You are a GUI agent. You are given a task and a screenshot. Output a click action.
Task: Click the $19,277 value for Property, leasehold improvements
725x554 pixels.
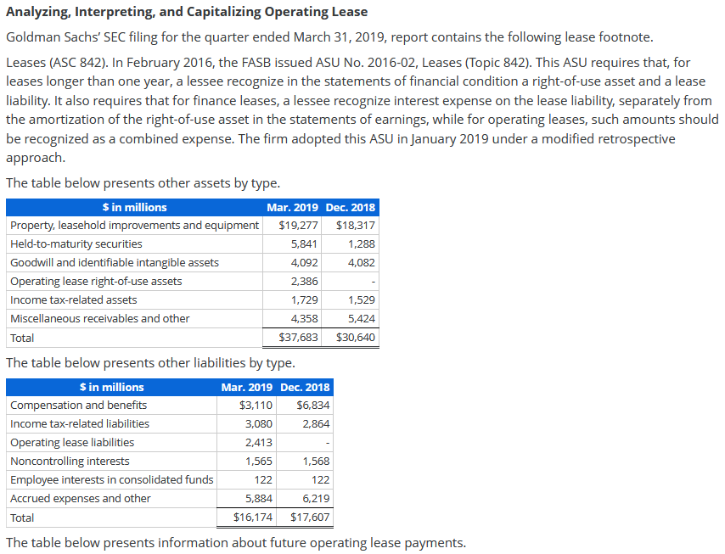pyautogui.click(x=298, y=226)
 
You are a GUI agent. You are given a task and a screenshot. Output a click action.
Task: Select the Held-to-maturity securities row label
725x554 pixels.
pyautogui.click(x=76, y=244)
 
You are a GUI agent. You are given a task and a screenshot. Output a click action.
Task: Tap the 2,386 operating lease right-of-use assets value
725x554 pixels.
pyautogui.click(x=304, y=282)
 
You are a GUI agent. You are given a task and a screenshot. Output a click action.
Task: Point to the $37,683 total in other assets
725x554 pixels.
pyautogui.click(x=298, y=338)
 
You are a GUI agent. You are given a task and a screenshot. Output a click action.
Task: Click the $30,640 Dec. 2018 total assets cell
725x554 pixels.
pyautogui.click(x=355, y=338)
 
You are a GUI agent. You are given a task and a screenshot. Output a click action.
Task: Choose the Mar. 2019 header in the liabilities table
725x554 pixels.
pyautogui.click(x=246, y=388)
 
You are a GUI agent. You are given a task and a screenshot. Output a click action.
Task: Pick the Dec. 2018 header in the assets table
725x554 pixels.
pyautogui.click(x=350, y=208)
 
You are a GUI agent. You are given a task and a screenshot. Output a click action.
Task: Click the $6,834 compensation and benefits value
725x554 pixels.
pyautogui.click(x=312, y=406)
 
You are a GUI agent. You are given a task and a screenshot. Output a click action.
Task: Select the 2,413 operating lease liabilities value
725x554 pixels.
pyautogui.click(x=259, y=443)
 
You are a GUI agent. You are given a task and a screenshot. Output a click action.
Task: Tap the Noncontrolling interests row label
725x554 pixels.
pyautogui.click(x=70, y=462)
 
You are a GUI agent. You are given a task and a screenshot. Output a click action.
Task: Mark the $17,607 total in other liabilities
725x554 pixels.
pyautogui.click(x=310, y=518)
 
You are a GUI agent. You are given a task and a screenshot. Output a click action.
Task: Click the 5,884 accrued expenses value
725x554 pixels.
pyautogui.click(x=259, y=499)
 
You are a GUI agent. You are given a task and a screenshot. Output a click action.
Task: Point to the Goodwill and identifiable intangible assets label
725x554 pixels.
pyautogui.click(x=114, y=263)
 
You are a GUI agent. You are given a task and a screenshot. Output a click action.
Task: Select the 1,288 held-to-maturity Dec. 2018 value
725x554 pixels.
pyautogui.click(x=361, y=244)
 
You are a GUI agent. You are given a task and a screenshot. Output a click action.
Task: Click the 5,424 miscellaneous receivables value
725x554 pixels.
pyautogui.click(x=361, y=319)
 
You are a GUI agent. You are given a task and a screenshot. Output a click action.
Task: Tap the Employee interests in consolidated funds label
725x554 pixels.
pyautogui.click(x=111, y=480)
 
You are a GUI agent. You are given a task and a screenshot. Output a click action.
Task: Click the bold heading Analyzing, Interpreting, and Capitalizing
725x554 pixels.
pyautogui.click(x=187, y=12)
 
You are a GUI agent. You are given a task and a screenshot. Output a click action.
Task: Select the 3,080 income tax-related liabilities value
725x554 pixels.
pyautogui.click(x=259, y=424)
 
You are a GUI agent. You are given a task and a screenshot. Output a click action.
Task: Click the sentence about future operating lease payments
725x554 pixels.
pyautogui.click(x=235, y=543)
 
